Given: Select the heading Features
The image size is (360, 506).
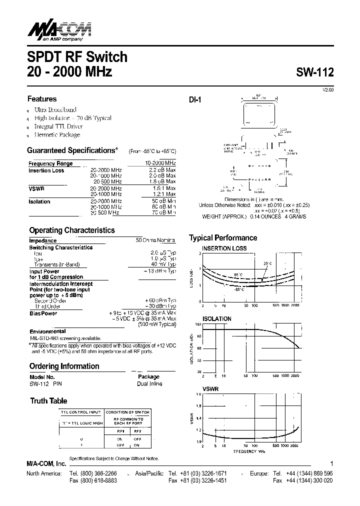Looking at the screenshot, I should [42, 99].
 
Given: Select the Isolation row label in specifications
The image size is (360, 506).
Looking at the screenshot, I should [39, 201].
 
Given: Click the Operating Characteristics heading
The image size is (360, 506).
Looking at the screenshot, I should [71, 230].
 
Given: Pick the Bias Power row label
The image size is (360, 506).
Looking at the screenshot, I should [43, 313].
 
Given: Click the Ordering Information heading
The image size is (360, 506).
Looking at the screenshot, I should [64, 366].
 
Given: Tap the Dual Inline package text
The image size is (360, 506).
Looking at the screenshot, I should [149, 384].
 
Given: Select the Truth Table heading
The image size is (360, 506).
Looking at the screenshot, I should [48, 401].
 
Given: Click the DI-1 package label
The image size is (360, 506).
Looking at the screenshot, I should [195, 100].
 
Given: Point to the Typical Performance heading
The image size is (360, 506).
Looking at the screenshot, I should [223, 238].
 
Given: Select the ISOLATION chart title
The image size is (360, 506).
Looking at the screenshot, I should [216, 318].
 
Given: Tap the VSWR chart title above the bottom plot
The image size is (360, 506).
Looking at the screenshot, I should [210, 387].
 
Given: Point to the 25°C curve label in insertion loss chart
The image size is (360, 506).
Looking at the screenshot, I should [267, 263].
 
